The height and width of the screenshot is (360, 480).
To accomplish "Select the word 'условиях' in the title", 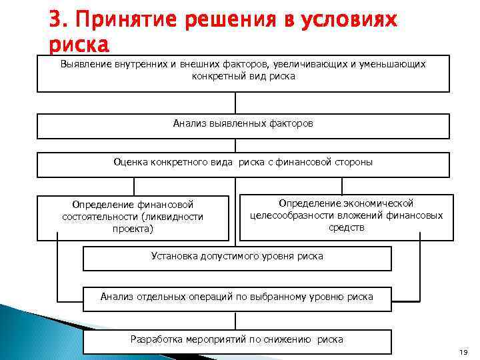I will tap(348, 21).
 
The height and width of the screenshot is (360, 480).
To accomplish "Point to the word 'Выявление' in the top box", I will tap(83, 65).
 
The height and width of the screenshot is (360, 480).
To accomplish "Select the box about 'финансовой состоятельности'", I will tap(133, 217).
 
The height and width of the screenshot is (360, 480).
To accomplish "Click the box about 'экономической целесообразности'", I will tap(346, 216).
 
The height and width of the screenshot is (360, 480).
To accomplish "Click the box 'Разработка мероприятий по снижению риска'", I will tap(237, 341).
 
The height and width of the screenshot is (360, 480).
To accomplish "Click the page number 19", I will tap(464, 351).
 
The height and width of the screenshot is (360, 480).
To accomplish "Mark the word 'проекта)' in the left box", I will tap(133, 229).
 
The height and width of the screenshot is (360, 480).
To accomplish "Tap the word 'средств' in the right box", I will tap(347, 227).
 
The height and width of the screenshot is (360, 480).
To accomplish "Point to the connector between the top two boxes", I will tap(235, 103).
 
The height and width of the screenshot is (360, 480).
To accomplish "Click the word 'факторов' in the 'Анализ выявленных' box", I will tap(291, 123).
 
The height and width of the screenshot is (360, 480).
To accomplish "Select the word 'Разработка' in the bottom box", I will tap(156, 339).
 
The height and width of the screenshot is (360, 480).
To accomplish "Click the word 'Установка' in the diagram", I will tap(174, 256).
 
